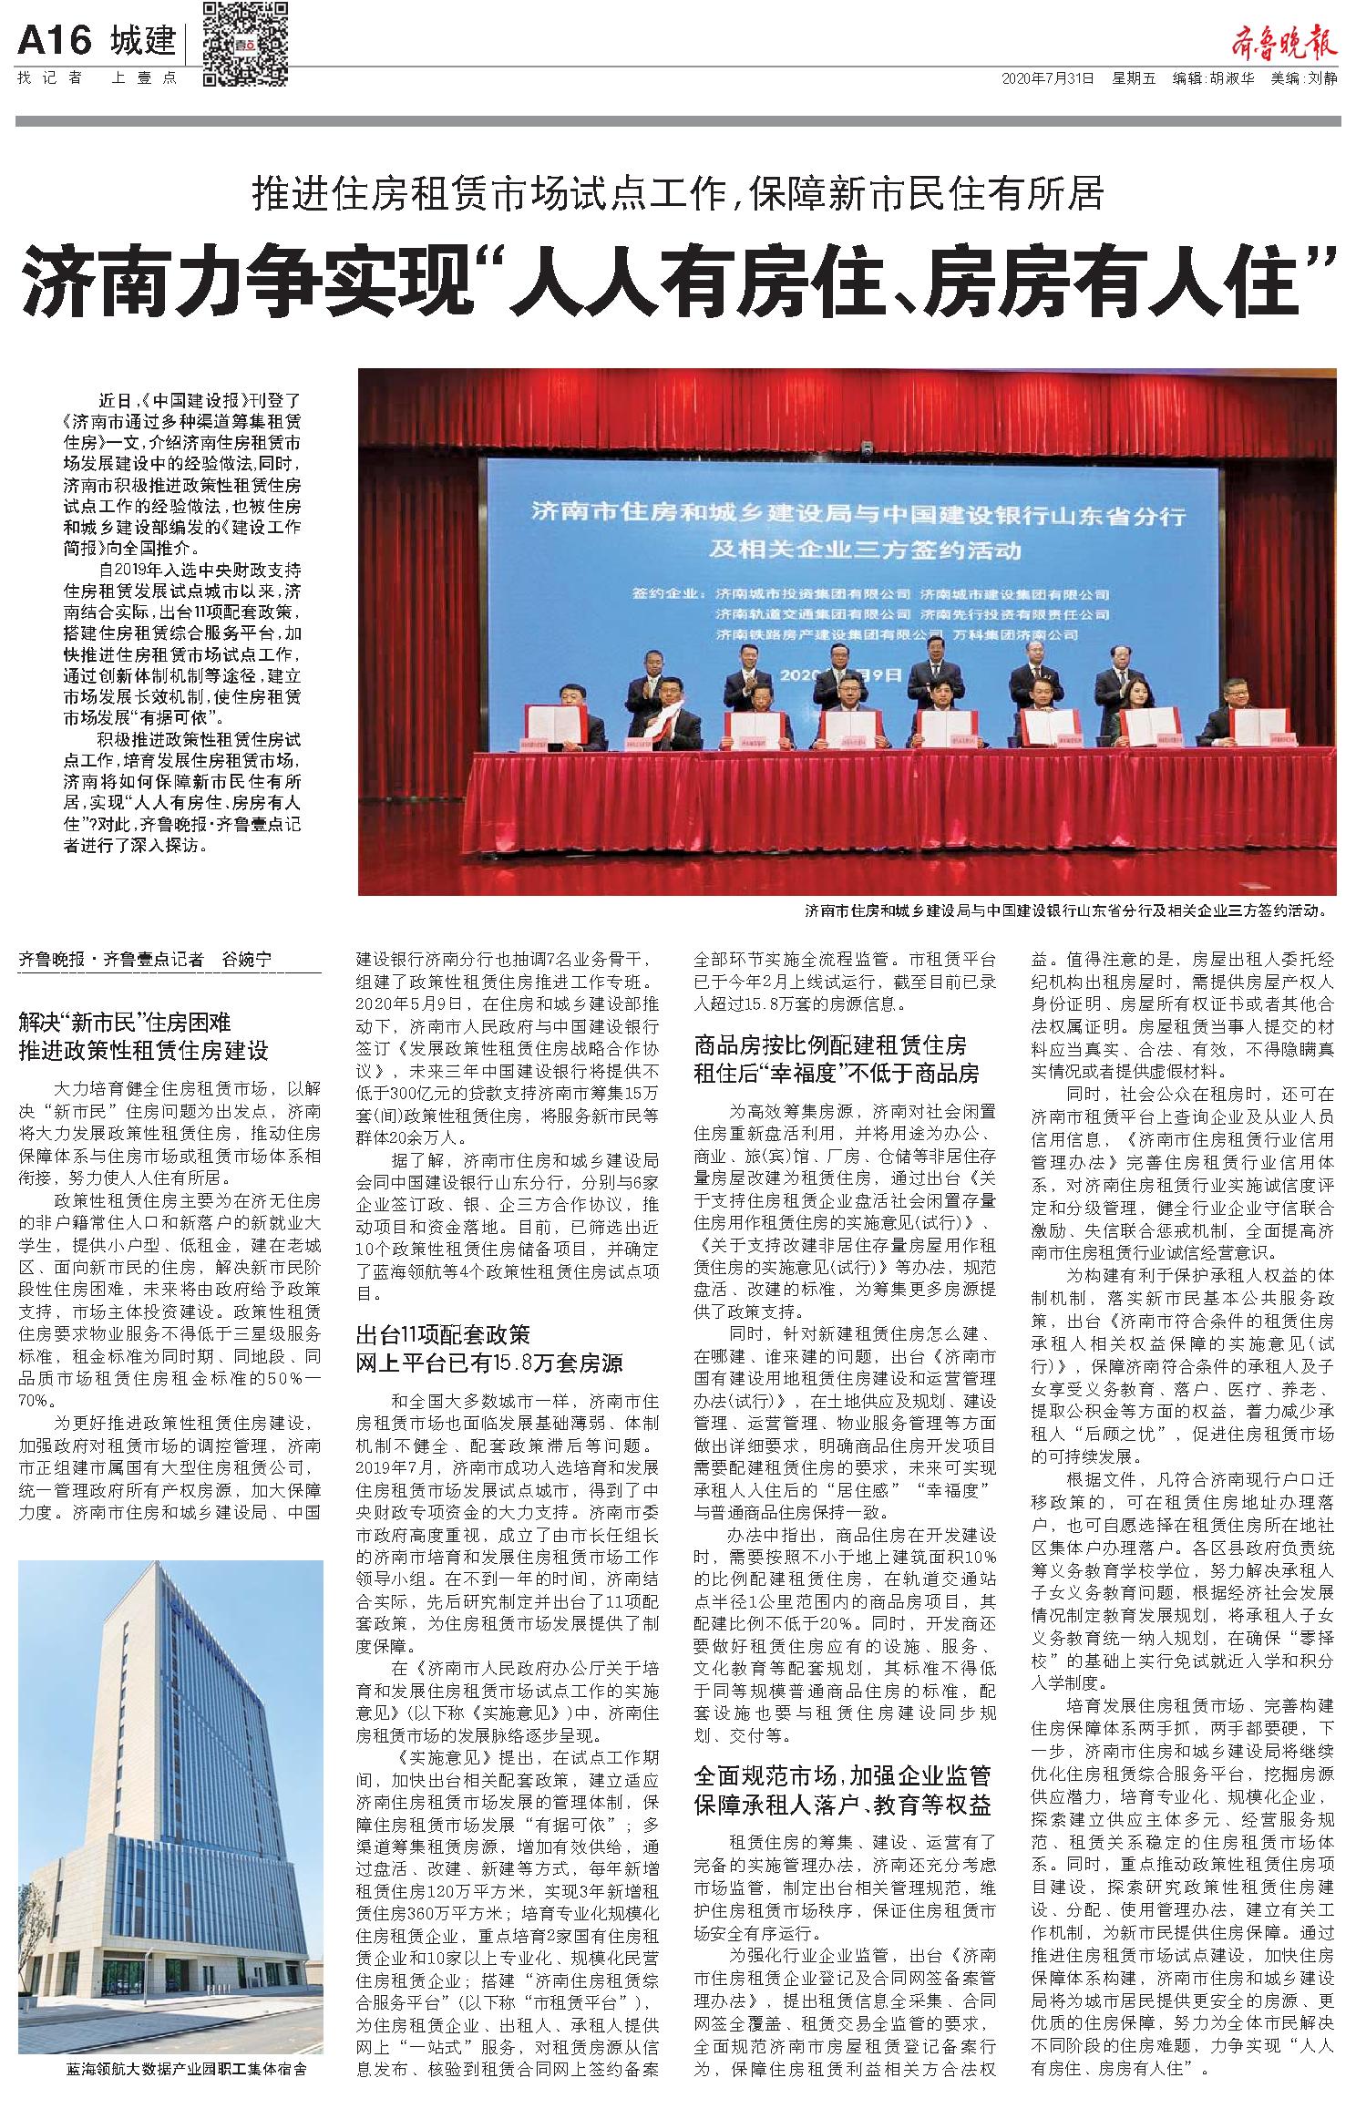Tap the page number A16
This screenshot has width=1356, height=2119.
pyautogui.click(x=56, y=41)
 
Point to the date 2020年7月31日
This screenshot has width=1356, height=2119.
pyautogui.click(x=1047, y=78)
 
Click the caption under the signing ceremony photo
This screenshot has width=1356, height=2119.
pyautogui.click(x=1065, y=910)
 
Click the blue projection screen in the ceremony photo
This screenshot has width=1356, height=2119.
pyautogui.click(x=857, y=565)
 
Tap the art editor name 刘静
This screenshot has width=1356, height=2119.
pyautogui.click(x=1323, y=78)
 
